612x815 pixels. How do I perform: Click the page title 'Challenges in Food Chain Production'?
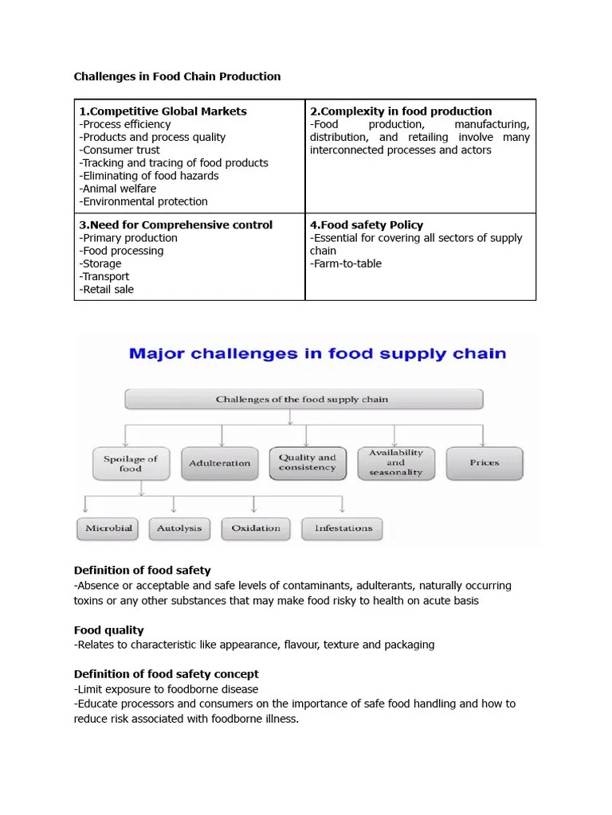pyautogui.click(x=177, y=76)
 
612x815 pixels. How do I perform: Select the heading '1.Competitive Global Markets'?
pyautogui.click(x=163, y=111)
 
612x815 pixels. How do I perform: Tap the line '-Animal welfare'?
pyautogui.click(x=118, y=189)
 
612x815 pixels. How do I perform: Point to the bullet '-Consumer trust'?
pyautogui.click(x=120, y=150)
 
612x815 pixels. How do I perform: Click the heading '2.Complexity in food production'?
pyautogui.click(x=401, y=111)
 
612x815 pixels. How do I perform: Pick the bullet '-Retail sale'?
pyautogui.click(x=107, y=289)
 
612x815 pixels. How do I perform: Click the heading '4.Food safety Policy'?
pyautogui.click(x=367, y=225)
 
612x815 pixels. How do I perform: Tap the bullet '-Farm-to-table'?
pyautogui.click(x=346, y=263)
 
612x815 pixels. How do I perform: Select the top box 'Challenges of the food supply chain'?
pyautogui.click(x=302, y=399)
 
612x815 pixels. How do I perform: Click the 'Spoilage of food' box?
pyautogui.click(x=131, y=463)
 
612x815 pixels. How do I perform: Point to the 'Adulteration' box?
pyautogui.click(x=220, y=463)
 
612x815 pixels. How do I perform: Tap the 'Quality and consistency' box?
pyautogui.click(x=308, y=462)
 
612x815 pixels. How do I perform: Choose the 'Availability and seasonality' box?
pyautogui.click(x=396, y=462)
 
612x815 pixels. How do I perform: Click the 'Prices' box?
pyautogui.click(x=484, y=462)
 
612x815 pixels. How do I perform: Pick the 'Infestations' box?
pyautogui.click(x=343, y=528)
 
